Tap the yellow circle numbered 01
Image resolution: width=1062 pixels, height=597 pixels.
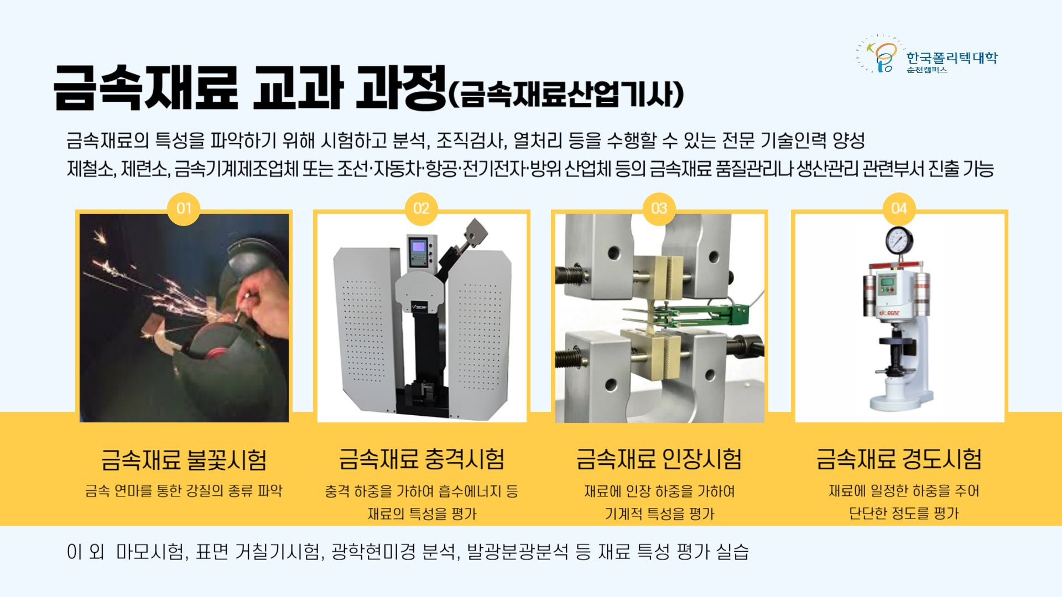click(184, 209)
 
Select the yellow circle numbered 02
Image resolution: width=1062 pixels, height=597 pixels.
click(421, 209)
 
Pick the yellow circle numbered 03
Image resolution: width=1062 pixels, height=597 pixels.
click(659, 209)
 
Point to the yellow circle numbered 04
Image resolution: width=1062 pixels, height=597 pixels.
click(899, 209)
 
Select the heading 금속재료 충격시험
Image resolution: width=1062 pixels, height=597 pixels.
click(421, 459)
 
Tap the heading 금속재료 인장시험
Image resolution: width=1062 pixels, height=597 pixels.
click(659, 459)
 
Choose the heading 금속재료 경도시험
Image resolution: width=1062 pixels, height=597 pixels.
click(899, 459)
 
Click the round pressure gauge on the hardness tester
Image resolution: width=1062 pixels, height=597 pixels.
click(899, 240)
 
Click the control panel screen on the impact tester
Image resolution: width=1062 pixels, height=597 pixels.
click(419, 247)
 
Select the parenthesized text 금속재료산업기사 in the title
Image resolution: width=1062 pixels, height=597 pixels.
click(565, 95)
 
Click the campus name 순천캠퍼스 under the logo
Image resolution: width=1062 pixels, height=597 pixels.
click(927, 70)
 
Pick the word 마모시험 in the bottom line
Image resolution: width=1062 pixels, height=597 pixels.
click(149, 552)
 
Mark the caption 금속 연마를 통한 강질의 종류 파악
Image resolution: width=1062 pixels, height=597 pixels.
click(184, 491)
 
